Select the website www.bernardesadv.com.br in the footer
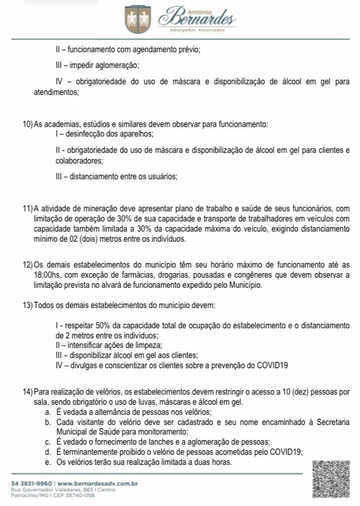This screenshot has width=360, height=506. pyautogui.click(x=98, y=483)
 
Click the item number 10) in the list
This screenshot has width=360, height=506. pyautogui.click(x=28, y=124)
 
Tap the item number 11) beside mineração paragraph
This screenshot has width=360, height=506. pyautogui.click(x=28, y=209)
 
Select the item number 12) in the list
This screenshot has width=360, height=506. pyautogui.click(x=28, y=264)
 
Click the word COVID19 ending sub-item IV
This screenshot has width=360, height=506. pyautogui.click(x=273, y=365)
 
